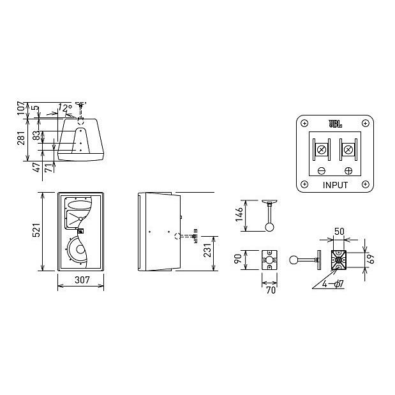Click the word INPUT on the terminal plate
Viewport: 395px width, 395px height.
pos(335,186)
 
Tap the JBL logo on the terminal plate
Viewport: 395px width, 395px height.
pos(335,124)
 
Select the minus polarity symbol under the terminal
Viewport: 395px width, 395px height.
pos(322,171)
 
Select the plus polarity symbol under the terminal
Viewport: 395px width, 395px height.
pos(348,171)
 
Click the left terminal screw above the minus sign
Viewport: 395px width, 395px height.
pos(322,151)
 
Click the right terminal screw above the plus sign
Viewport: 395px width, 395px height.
pos(348,151)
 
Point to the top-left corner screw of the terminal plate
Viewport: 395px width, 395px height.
pos(304,123)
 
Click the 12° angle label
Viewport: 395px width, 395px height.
pos(64,108)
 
